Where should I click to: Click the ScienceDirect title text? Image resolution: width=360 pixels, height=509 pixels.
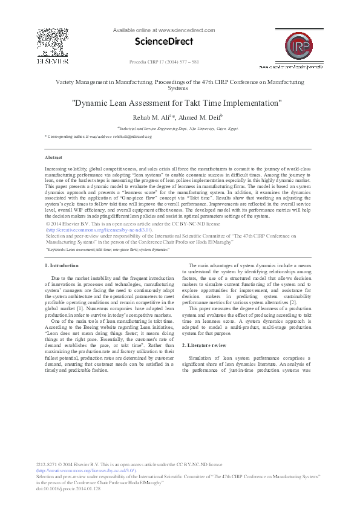coord(164,42)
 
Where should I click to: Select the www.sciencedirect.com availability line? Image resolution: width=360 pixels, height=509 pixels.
coord(164,30)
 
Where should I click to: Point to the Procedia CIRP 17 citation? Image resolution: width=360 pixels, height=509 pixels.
coord(164,63)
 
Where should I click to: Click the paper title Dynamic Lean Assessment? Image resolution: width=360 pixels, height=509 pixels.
coord(177,103)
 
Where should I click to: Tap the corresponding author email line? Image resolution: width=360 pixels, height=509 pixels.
coord(98,137)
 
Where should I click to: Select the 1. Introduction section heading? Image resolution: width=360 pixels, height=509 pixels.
coord(62,266)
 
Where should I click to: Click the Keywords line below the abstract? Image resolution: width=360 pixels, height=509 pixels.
coord(108,249)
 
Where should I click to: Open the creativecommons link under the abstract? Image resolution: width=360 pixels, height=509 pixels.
coord(99,230)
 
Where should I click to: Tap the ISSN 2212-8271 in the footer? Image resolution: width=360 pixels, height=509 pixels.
coord(50,464)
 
